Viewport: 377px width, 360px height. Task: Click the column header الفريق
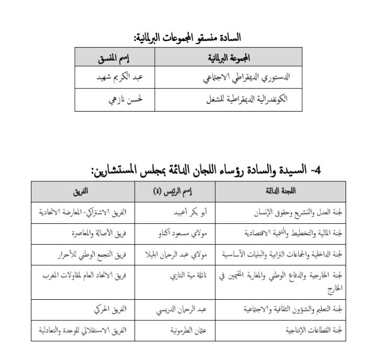tap(81, 191)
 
